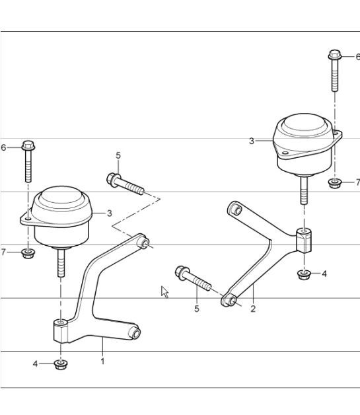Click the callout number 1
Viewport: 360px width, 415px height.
point(102,361)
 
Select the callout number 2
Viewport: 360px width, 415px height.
point(253,309)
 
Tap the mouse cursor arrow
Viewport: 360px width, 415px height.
point(164,291)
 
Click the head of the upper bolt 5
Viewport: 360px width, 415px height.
point(113,178)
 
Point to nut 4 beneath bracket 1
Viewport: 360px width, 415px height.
point(61,363)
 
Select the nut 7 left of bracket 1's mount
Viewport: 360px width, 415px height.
point(27,252)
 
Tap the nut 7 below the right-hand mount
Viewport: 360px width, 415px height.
point(336,182)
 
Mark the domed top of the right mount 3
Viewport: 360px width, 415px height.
point(303,126)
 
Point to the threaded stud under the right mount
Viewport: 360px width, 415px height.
point(303,190)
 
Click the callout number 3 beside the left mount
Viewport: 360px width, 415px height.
point(110,213)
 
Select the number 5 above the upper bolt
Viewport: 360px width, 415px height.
point(118,156)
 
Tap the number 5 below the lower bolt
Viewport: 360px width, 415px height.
point(196,309)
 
